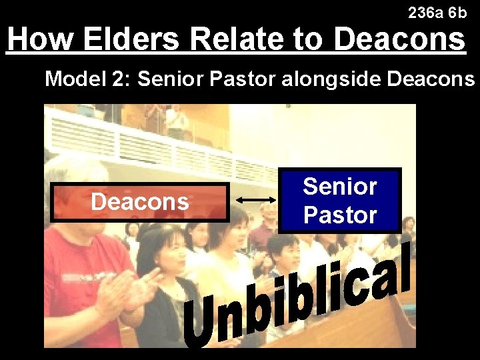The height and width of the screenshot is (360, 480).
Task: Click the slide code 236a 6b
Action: click(x=437, y=13)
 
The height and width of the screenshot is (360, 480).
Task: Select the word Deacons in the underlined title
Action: click(x=399, y=39)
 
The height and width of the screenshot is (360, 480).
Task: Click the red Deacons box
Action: click(x=140, y=201)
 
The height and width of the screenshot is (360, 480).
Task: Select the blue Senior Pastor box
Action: click(x=340, y=200)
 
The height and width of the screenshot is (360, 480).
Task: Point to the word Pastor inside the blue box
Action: click(x=340, y=215)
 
